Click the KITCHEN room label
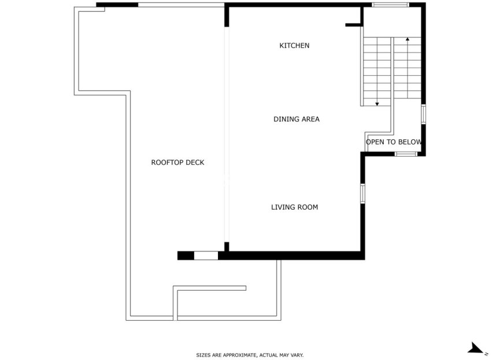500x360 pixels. tap(294, 46)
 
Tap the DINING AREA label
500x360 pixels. tap(296, 120)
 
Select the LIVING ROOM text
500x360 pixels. tap(294, 207)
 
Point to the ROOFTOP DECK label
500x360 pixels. tap(177, 163)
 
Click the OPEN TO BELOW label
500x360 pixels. tap(393, 142)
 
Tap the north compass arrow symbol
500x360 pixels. tap(476, 348)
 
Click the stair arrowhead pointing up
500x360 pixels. tap(408, 39)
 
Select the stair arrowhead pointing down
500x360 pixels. tap(377, 104)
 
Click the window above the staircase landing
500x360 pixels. tap(390, 5)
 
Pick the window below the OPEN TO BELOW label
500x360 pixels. tap(406, 154)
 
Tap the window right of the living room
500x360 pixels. tap(362, 193)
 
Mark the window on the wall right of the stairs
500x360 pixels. tap(423, 114)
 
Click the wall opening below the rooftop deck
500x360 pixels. tap(206, 255)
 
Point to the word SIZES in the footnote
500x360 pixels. tap(203, 355)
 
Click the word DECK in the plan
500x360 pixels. tap(195, 163)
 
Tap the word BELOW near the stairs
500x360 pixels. tap(410, 142)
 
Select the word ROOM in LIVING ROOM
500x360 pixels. tap(307, 207)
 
